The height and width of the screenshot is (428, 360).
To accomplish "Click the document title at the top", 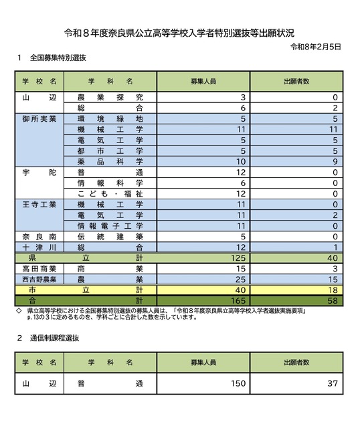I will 179,32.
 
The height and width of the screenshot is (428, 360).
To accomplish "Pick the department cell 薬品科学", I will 110,161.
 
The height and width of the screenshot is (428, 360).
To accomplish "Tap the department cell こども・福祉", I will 110,193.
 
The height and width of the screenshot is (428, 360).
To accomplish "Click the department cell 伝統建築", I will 110,236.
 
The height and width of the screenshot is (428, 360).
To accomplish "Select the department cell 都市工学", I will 110,150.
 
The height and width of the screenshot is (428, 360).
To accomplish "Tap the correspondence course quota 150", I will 237,385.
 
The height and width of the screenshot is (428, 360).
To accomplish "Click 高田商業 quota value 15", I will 241,268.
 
